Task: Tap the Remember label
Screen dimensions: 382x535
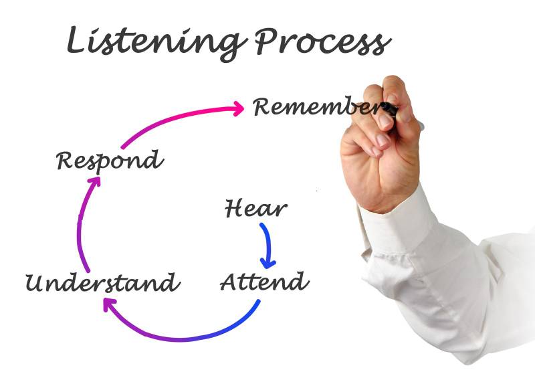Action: tap(314, 107)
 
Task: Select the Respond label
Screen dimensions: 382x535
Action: tap(109, 161)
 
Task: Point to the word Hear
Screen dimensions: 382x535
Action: tap(255, 209)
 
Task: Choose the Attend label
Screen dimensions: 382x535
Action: tap(264, 282)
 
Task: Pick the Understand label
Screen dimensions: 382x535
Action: tap(102, 282)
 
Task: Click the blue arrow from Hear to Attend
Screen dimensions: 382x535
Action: tap(267, 242)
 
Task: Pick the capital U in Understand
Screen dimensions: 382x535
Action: tap(35, 283)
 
